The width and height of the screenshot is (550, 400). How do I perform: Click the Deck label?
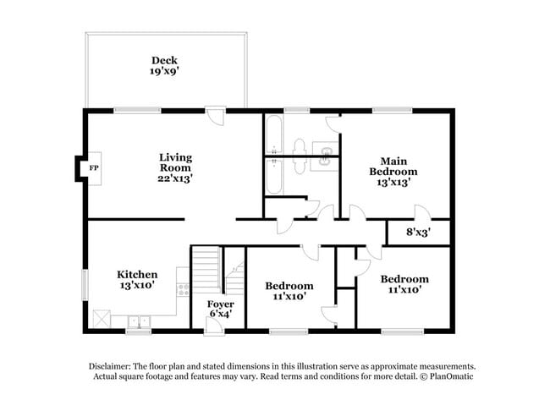click(x=163, y=60)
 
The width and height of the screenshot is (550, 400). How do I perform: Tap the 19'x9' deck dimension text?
click(x=163, y=72)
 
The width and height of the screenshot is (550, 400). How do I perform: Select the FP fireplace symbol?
click(x=94, y=167)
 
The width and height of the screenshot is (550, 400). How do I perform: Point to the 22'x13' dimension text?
click(x=176, y=178)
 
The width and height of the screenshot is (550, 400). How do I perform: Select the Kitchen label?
click(x=137, y=275)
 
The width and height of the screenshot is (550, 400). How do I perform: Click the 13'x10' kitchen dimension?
click(x=137, y=286)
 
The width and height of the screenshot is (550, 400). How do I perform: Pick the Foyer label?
click(x=221, y=304)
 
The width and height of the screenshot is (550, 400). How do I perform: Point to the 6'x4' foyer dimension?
click(x=221, y=314)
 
